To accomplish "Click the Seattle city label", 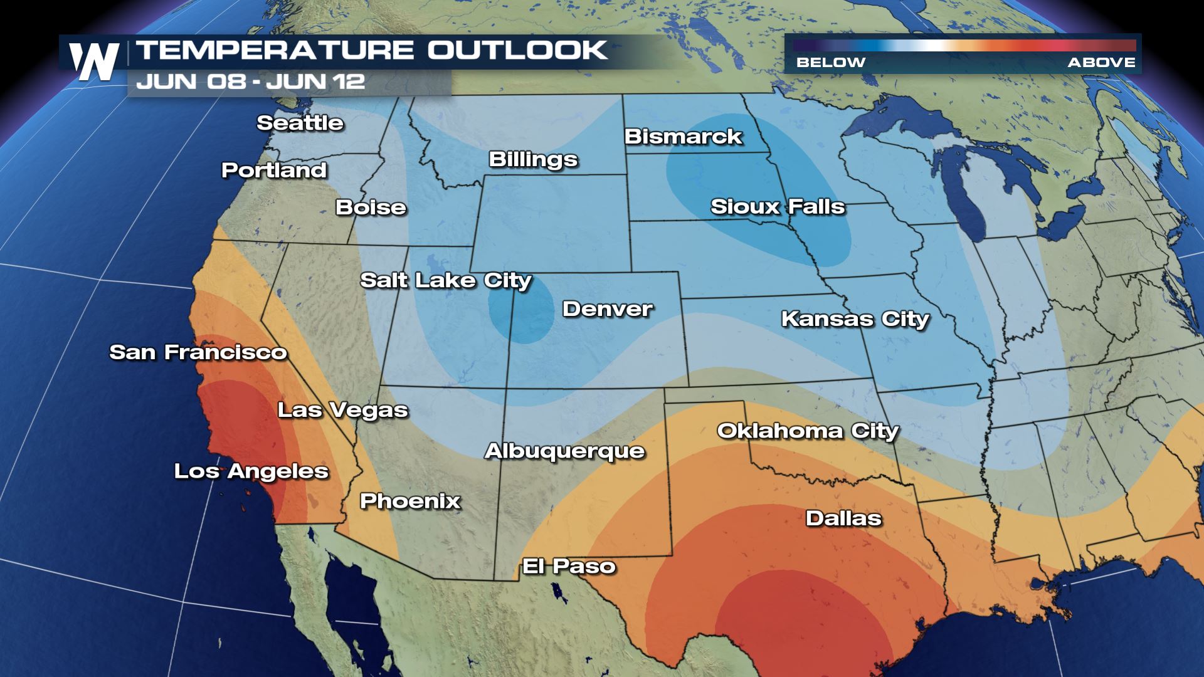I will pyautogui.click(x=300, y=123).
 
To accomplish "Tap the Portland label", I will pyautogui.click(x=274, y=171).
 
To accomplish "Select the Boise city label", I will pyautogui.click(x=371, y=207).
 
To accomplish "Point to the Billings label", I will pyautogui.click(x=533, y=159).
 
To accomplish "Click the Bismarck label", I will pyautogui.click(x=683, y=137).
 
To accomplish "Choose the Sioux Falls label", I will pyautogui.click(x=778, y=207).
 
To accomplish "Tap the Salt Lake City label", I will pyautogui.click(x=445, y=280).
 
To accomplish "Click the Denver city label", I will pyautogui.click(x=607, y=309).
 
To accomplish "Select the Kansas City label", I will pyautogui.click(x=855, y=319).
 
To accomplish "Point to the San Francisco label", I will pyautogui.click(x=198, y=352).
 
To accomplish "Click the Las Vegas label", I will pyautogui.click(x=342, y=410).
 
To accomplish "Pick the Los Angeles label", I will pyautogui.click(x=251, y=471).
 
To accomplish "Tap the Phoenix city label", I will pyautogui.click(x=410, y=501).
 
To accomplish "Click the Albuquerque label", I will pyautogui.click(x=564, y=451).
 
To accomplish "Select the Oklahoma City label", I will pyautogui.click(x=808, y=431).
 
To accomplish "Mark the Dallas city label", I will pyautogui.click(x=843, y=518).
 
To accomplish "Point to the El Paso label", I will pyautogui.click(x=569, y=567).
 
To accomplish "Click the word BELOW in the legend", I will pyautogui.click(x=830, y=63).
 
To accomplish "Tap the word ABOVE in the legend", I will pyautogui.click(x=1101, y=63).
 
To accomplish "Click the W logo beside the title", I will pyautogui.click(x=94, y=62).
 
